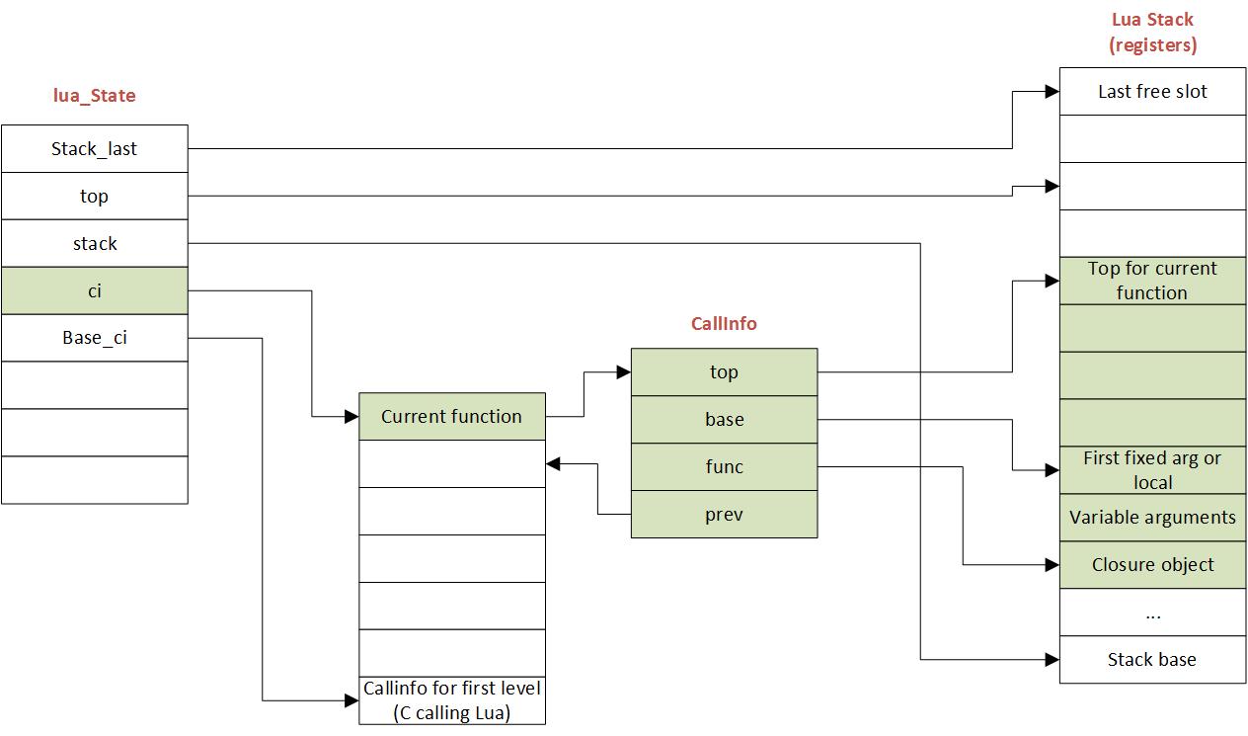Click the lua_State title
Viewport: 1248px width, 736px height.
click(x=94, y=96)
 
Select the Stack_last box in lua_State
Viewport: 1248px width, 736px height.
click(x=94, y=149)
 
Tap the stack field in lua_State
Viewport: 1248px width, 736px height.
click(x=94, y=244)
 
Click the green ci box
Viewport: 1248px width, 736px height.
click(x=94, y=291)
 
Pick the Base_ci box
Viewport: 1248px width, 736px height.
click(x=94, y=338)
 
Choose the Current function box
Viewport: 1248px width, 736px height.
click(x=451, y=417)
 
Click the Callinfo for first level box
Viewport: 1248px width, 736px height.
click(x=451, y=700)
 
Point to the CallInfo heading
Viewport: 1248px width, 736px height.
click(x=724, y=324)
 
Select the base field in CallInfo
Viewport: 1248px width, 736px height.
click(x=724, y=420)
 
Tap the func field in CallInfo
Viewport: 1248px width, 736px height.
click(x=724, y=467)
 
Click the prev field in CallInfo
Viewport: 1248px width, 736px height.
click(x=724, y=515)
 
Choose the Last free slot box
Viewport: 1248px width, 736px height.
click(x=1152, y=92)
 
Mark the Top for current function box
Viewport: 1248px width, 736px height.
click(x=1152, y=281)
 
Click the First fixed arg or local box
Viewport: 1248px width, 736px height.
click(x=1152, y=470)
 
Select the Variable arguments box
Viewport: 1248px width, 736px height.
click(x=1152, y=518)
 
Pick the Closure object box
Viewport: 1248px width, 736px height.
click(x=1152, y=565)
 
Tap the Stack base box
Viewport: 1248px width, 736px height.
click(x=1152, y=660)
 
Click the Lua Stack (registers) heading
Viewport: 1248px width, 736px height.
click(x=1152, y=32)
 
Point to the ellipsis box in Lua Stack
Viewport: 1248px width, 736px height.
click(x=1152, y=613)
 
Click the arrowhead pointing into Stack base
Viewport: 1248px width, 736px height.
click(x=1053, y=660)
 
